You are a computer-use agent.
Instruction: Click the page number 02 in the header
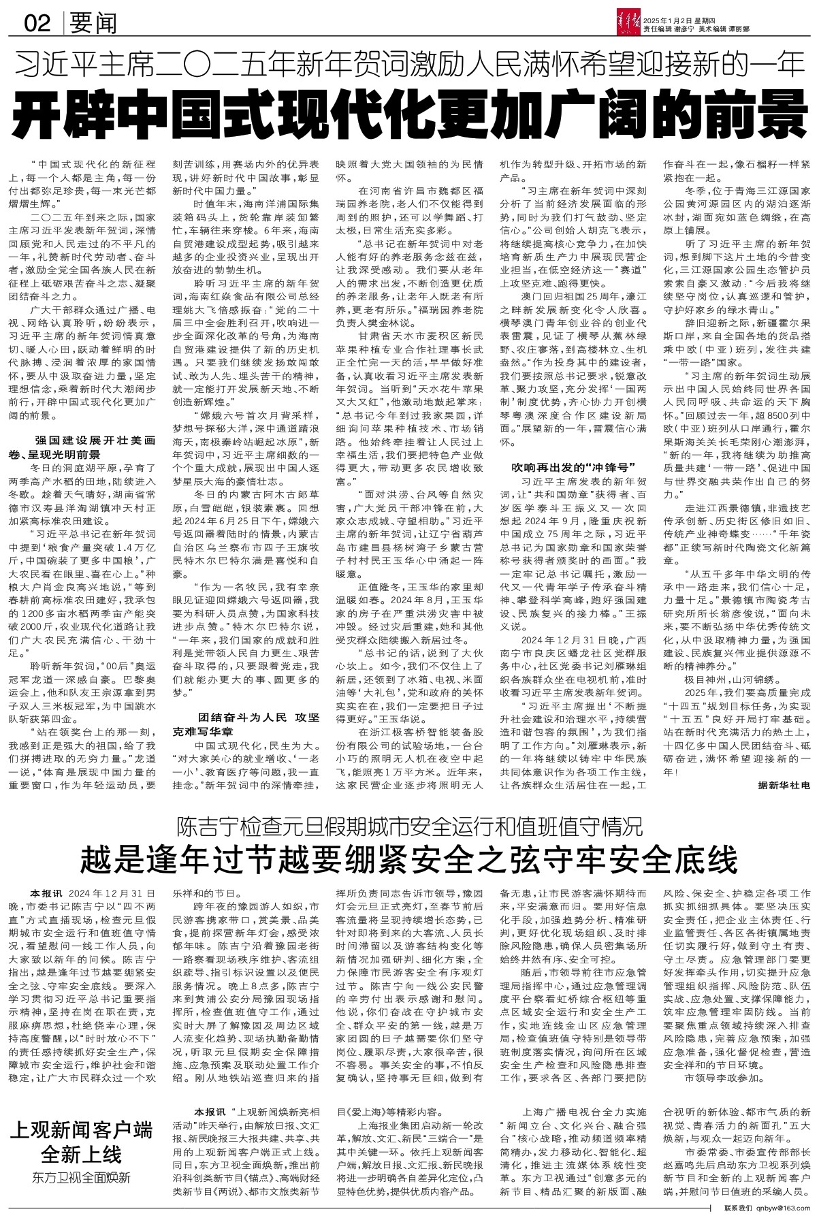pos(37,25)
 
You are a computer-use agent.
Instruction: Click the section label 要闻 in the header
pos(93,25)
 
